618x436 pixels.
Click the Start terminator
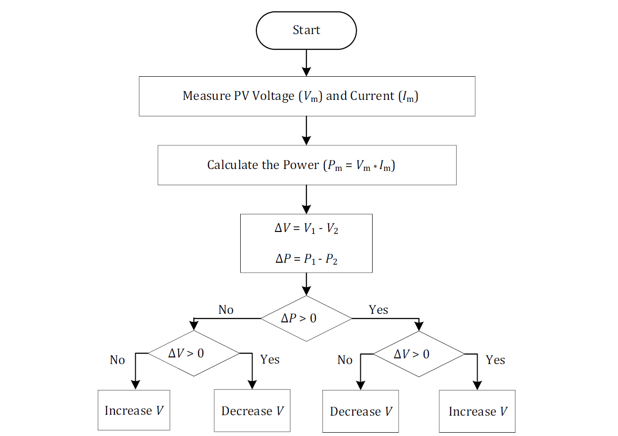[306, 30]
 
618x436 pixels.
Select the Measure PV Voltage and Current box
[306, 96]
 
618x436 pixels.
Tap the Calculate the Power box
[306, 165]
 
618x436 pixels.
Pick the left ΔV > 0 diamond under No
[194, 353]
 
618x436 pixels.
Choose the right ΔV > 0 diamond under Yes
[419, 354]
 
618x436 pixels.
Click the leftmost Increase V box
[134, 410]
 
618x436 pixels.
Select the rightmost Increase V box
[477, 411]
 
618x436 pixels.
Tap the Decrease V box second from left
[252, 410]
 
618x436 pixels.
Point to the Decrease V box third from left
[360, 411]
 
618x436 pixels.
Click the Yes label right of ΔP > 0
[378, 310]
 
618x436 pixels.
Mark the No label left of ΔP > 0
[226, 310]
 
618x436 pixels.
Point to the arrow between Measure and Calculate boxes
[306, 130]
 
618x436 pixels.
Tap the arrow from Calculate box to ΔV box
[306, 199]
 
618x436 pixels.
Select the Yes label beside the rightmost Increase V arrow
[495, 360]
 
